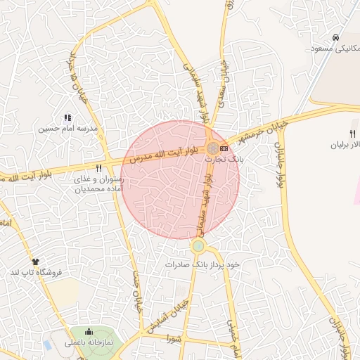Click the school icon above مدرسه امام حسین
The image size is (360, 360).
point(67,117)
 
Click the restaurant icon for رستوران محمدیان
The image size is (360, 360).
point(99,169)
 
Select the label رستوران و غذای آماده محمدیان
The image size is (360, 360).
point(100,184)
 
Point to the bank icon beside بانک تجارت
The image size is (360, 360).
point(224,148)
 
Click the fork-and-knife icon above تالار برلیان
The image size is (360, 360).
point(353,134)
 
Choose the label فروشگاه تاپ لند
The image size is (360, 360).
point(35,272)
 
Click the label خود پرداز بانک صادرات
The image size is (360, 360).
point(203,264)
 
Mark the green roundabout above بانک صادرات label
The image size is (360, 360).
point(198,246)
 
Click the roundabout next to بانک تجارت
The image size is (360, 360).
point(212,148)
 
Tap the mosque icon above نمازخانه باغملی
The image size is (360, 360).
point(89,332)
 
